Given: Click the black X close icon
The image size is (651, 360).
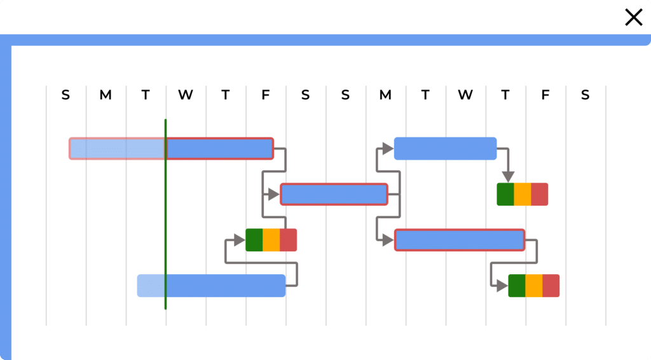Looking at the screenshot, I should [634, 17].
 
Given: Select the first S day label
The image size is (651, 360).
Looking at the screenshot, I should [65, 95].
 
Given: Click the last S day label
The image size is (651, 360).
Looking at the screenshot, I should [585, 95].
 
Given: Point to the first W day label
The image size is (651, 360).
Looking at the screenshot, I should [186, 95].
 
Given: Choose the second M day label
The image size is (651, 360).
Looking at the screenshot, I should [385, 95].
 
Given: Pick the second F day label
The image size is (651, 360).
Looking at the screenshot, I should [545, 95].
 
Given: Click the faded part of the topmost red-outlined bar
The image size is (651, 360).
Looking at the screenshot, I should [118, 148].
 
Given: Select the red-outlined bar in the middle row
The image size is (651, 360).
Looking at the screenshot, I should [334, 194].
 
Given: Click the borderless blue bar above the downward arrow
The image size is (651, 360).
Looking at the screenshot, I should [445, 148].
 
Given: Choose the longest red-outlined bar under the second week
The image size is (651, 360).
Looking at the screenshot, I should [459, 240].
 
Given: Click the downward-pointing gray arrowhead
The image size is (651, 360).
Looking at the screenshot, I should [507, 176].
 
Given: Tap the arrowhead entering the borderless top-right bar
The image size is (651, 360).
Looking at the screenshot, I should [388, 148].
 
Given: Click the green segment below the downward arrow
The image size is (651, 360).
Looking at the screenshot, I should [505, 194].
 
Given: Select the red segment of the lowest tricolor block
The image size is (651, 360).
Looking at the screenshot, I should [551, 286].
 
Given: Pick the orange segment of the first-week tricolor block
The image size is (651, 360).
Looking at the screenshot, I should [271, 240].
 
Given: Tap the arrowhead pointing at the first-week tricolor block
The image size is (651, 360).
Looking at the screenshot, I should [239, 240].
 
